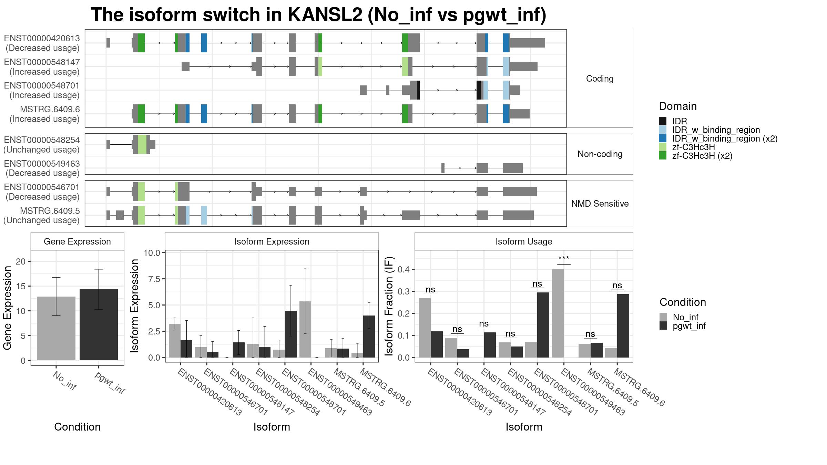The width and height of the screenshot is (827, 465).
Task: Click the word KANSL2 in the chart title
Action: click(325, 15)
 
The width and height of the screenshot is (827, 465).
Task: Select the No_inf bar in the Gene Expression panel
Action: click(56, 328)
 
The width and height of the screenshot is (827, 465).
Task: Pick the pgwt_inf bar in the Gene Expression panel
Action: click(99, 325)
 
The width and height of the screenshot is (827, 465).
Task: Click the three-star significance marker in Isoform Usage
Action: click(564, 258)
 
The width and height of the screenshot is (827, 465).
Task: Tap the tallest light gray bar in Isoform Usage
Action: click(558, 313)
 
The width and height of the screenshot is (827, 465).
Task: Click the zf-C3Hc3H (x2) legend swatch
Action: click(663, 156)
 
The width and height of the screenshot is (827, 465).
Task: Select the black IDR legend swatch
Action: click(663, 121)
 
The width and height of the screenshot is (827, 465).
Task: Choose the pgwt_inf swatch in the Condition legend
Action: click(663, 326)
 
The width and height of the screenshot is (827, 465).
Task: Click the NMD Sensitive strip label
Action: click(600, 204)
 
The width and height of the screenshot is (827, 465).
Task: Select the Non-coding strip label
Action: click(600, 154)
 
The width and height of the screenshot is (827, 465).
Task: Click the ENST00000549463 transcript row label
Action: click(42, 164)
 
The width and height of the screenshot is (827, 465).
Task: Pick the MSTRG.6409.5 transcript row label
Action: click(50, 211)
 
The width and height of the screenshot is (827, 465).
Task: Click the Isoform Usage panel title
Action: click(524, 241)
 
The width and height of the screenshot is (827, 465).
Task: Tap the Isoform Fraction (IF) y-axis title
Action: click(389, 306)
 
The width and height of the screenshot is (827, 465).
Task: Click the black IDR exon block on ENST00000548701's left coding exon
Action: click(418, 90)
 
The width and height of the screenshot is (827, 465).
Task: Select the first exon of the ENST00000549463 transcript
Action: click(443, 168)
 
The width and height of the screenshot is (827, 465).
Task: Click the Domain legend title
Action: click(678, 106)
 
